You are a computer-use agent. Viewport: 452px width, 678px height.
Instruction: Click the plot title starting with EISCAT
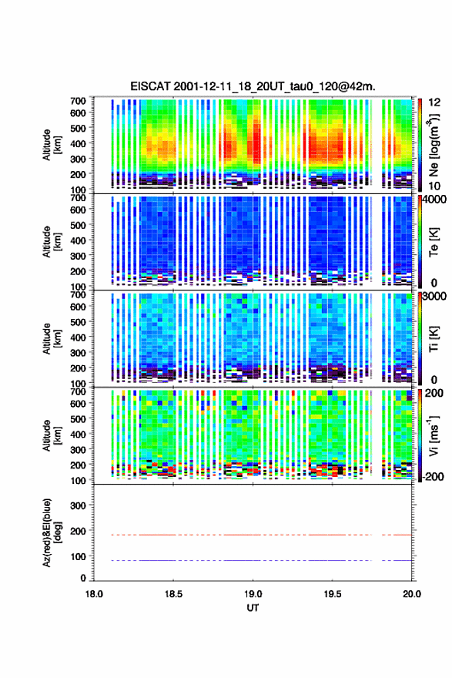point(253,86)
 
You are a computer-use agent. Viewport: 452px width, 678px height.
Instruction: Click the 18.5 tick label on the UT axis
point(173,594)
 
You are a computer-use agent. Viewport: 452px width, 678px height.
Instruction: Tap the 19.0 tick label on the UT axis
point(253,594)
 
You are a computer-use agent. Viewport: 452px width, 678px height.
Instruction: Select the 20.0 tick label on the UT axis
point(412,594)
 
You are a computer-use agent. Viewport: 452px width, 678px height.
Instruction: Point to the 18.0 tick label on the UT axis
point(94,594)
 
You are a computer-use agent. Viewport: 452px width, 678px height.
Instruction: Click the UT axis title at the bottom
point(253,608)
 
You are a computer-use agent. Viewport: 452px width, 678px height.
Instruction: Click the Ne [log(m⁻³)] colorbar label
point(434,145)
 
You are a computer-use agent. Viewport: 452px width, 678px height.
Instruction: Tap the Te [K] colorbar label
point(434,242)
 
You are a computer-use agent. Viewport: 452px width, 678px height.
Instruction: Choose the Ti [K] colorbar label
point(434,339)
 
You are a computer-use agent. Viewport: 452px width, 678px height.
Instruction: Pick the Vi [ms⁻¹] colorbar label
point(434,436)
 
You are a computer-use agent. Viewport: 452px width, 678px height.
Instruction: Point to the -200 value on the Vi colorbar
point(432,477)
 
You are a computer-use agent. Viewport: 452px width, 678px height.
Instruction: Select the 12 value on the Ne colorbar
point(434,102)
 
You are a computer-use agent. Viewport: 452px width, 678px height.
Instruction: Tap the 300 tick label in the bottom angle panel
point(78,505)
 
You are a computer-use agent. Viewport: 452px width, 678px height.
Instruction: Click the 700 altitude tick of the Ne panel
point(78,101)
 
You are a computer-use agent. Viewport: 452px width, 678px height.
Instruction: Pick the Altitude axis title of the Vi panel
point(52,436)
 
